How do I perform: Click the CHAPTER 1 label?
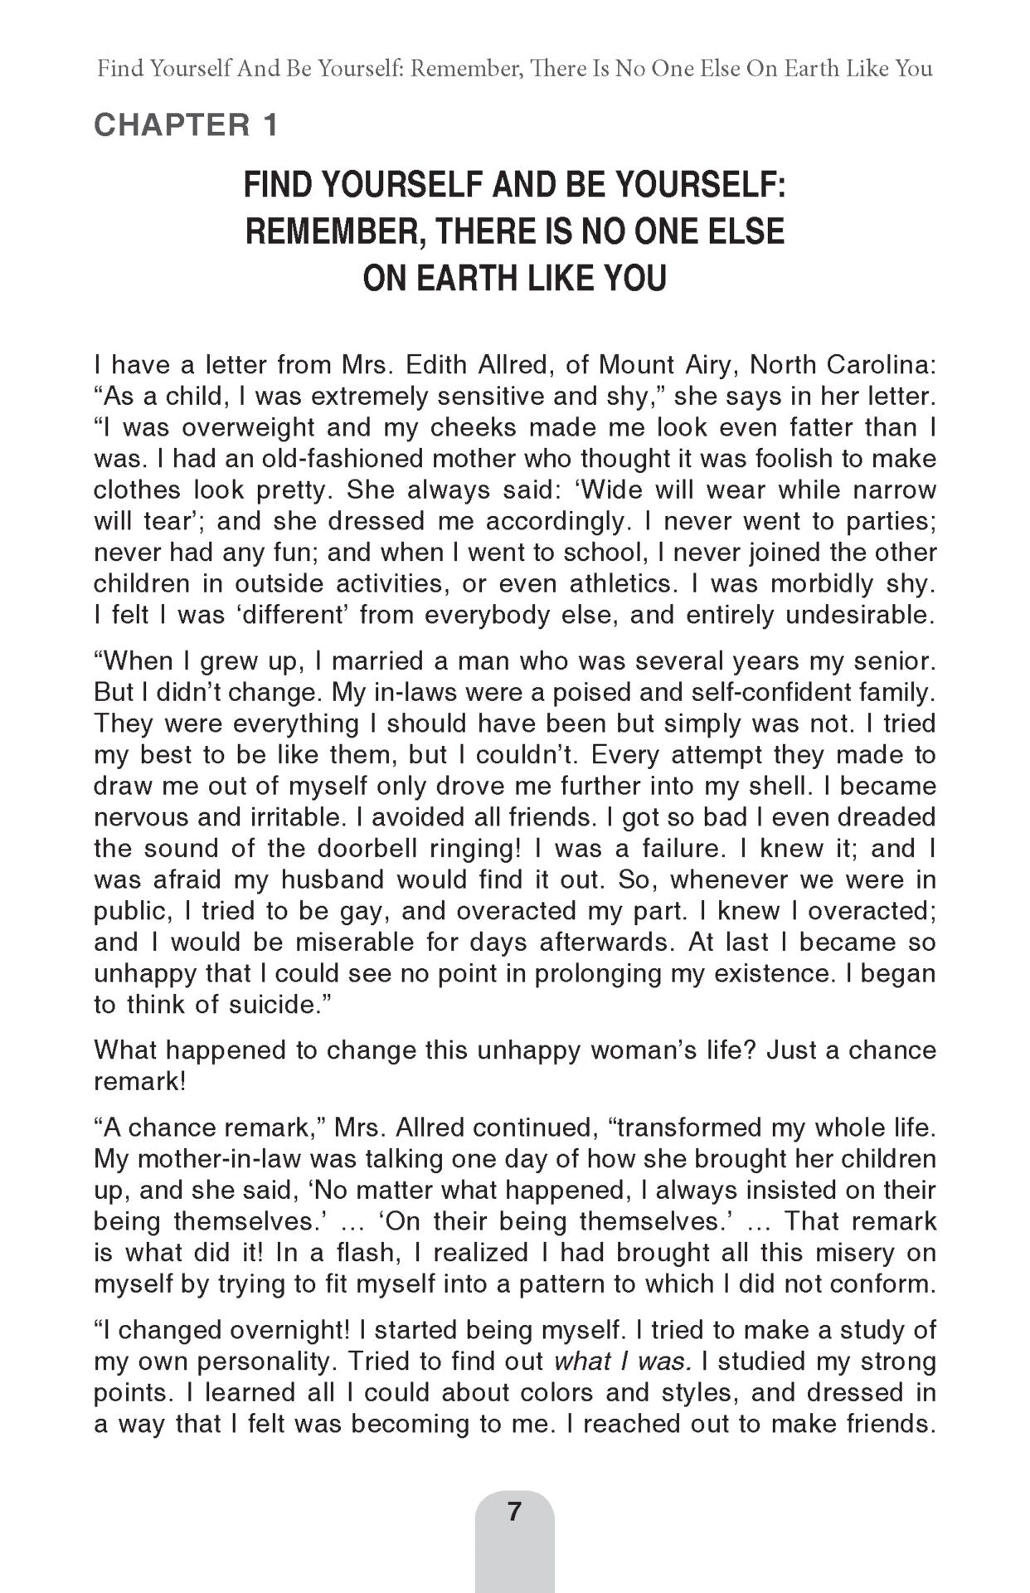pyautogui.click(x=186, y=125)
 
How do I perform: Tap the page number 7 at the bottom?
pyautogui.click(x=514, y=1511)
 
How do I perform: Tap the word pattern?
pyautogui.click(x=561, y=1284)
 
